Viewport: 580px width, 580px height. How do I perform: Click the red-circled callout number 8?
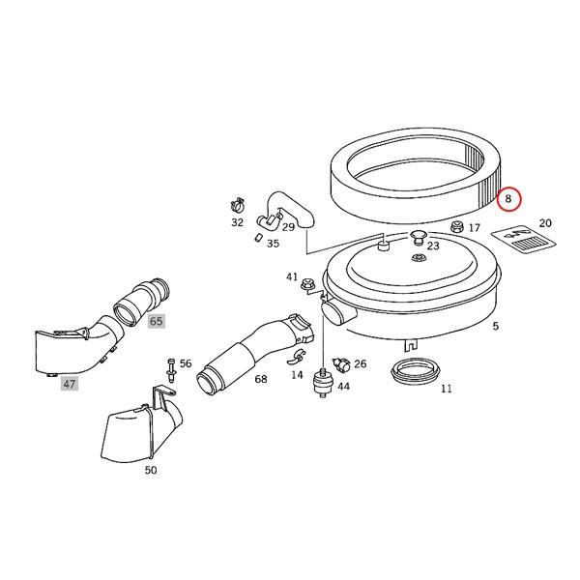[x=509, y=199]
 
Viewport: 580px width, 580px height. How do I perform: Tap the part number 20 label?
[x=545, y=223]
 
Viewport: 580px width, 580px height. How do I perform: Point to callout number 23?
[x=433, y=246]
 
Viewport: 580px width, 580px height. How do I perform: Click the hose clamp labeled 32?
[x=235, y=205]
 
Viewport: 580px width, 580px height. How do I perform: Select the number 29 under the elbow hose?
[x=288, y=227]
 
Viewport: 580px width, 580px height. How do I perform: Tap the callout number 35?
[x=273, y=244]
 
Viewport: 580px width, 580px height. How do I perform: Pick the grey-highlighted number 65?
[x=157, y=320]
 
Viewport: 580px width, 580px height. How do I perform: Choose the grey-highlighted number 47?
[x=70, y=384]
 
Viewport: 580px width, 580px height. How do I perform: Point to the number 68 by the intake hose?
[x=261, y=379]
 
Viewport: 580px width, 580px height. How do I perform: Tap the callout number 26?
[x=360, y=364]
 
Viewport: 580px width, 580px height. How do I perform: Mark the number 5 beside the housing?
[x=495, y=327]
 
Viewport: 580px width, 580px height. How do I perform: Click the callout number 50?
[x=150, y=470]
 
